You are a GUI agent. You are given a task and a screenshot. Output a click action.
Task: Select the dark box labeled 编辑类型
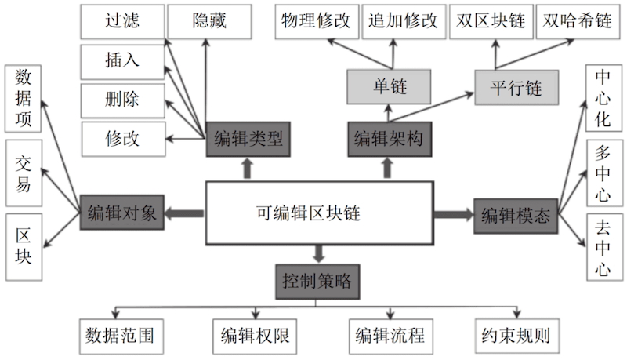click(248, 140)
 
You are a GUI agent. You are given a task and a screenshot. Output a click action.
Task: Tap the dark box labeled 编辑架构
click(389, 140)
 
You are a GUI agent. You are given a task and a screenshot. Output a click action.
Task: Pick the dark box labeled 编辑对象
click(122, 213)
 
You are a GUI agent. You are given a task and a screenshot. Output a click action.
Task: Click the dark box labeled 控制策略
click(317, 280)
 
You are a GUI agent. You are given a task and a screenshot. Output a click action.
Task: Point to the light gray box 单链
click(389, 85)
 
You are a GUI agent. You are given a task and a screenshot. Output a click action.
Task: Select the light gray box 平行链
click(516, 85)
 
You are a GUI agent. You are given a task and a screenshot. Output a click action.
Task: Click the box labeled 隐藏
click(209, 21)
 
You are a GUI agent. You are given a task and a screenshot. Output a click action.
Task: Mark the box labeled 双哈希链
click(578, 21)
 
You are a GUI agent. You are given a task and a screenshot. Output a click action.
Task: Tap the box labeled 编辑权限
click(253, 336)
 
